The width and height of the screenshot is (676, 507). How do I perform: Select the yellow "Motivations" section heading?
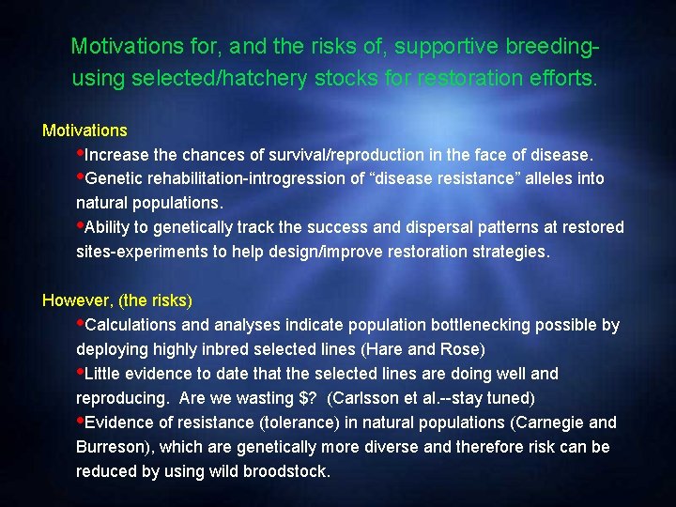[x=84, y=130]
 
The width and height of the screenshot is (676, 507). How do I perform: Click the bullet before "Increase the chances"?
[x=80, y=152]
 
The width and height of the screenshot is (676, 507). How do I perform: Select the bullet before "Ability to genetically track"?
[x=80, y=225]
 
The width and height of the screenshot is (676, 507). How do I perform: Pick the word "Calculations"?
[x=130, y=325]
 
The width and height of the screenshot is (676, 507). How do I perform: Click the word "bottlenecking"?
[x=479, y=325]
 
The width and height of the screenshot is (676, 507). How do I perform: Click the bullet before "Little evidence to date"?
[x=80, y=372]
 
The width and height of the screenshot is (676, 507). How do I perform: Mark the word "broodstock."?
[x=286, y=471]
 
